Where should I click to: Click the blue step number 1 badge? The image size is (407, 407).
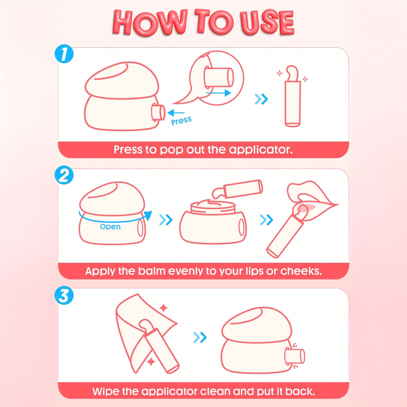click(64, 54)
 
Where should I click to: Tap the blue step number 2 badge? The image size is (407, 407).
click(64, 175)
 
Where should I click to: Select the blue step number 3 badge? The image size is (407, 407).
click(64, 295)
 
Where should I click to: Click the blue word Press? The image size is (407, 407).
click(181, 121)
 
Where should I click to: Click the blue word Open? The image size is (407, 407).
click(110, 226)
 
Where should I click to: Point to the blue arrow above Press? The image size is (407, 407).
click(176, 112)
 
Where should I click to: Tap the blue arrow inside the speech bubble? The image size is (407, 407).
click(219, 93)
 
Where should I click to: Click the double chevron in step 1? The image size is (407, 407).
click(261, 99)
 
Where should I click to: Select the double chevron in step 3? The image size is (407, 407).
click(200, 337)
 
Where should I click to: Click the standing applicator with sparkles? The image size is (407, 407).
click(293, 96)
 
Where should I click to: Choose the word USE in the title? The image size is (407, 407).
click(267, 22)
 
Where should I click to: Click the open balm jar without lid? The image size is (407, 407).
click(213, 222)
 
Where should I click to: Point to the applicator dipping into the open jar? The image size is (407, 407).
click(237, 189)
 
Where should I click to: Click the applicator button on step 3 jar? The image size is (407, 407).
click(295, 356)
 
